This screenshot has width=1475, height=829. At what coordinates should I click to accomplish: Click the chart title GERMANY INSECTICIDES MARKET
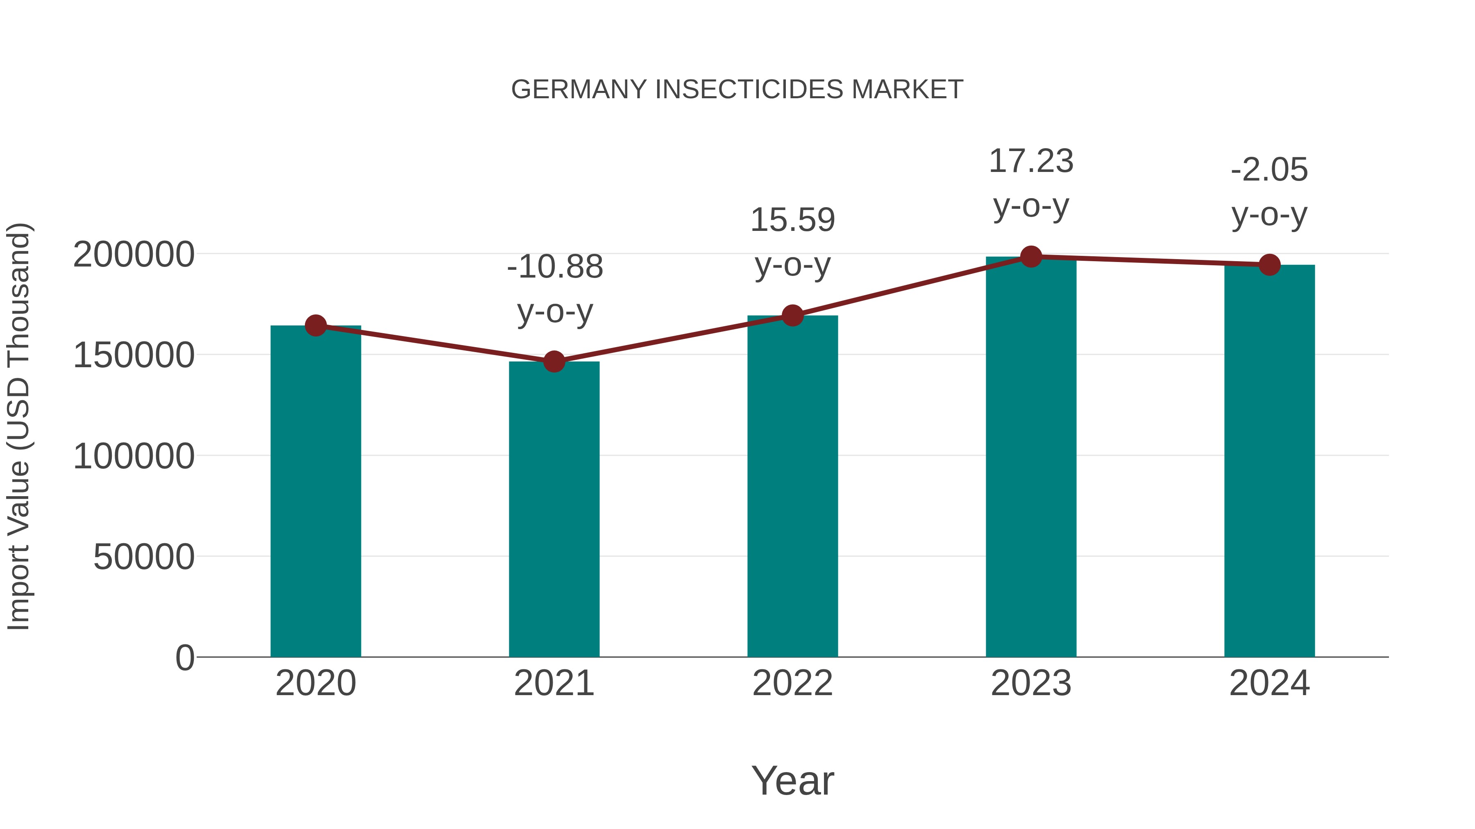coord(737,90)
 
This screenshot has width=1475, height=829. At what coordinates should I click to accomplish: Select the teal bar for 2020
coord(315,492)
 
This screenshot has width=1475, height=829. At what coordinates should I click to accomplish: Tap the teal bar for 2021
coord(554,509)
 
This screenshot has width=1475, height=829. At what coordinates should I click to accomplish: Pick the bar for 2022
coord(792,486)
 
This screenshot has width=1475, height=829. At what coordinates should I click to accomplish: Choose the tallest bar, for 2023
coord(1031,458)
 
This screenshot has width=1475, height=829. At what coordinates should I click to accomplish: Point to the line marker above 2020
coord(315,325)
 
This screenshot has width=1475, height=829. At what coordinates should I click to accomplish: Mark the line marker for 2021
coord(554,361)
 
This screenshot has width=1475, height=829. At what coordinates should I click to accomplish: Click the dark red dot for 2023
coord(1031,257)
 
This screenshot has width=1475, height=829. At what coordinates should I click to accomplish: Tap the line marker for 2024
coord(1269,265)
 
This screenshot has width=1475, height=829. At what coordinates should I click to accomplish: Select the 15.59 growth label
coord(792,220)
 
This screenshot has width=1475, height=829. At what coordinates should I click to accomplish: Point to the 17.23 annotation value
coord(1031,161)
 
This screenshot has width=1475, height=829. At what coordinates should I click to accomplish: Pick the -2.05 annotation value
coord(1269,170)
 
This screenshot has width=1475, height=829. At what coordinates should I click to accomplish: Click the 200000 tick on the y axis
coord(134,255)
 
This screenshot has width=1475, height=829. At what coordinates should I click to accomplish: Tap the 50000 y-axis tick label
coord(144,557)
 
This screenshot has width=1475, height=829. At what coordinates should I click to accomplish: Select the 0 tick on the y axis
coord(184,658)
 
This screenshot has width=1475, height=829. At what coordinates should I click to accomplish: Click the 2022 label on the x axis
coord(792,684)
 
